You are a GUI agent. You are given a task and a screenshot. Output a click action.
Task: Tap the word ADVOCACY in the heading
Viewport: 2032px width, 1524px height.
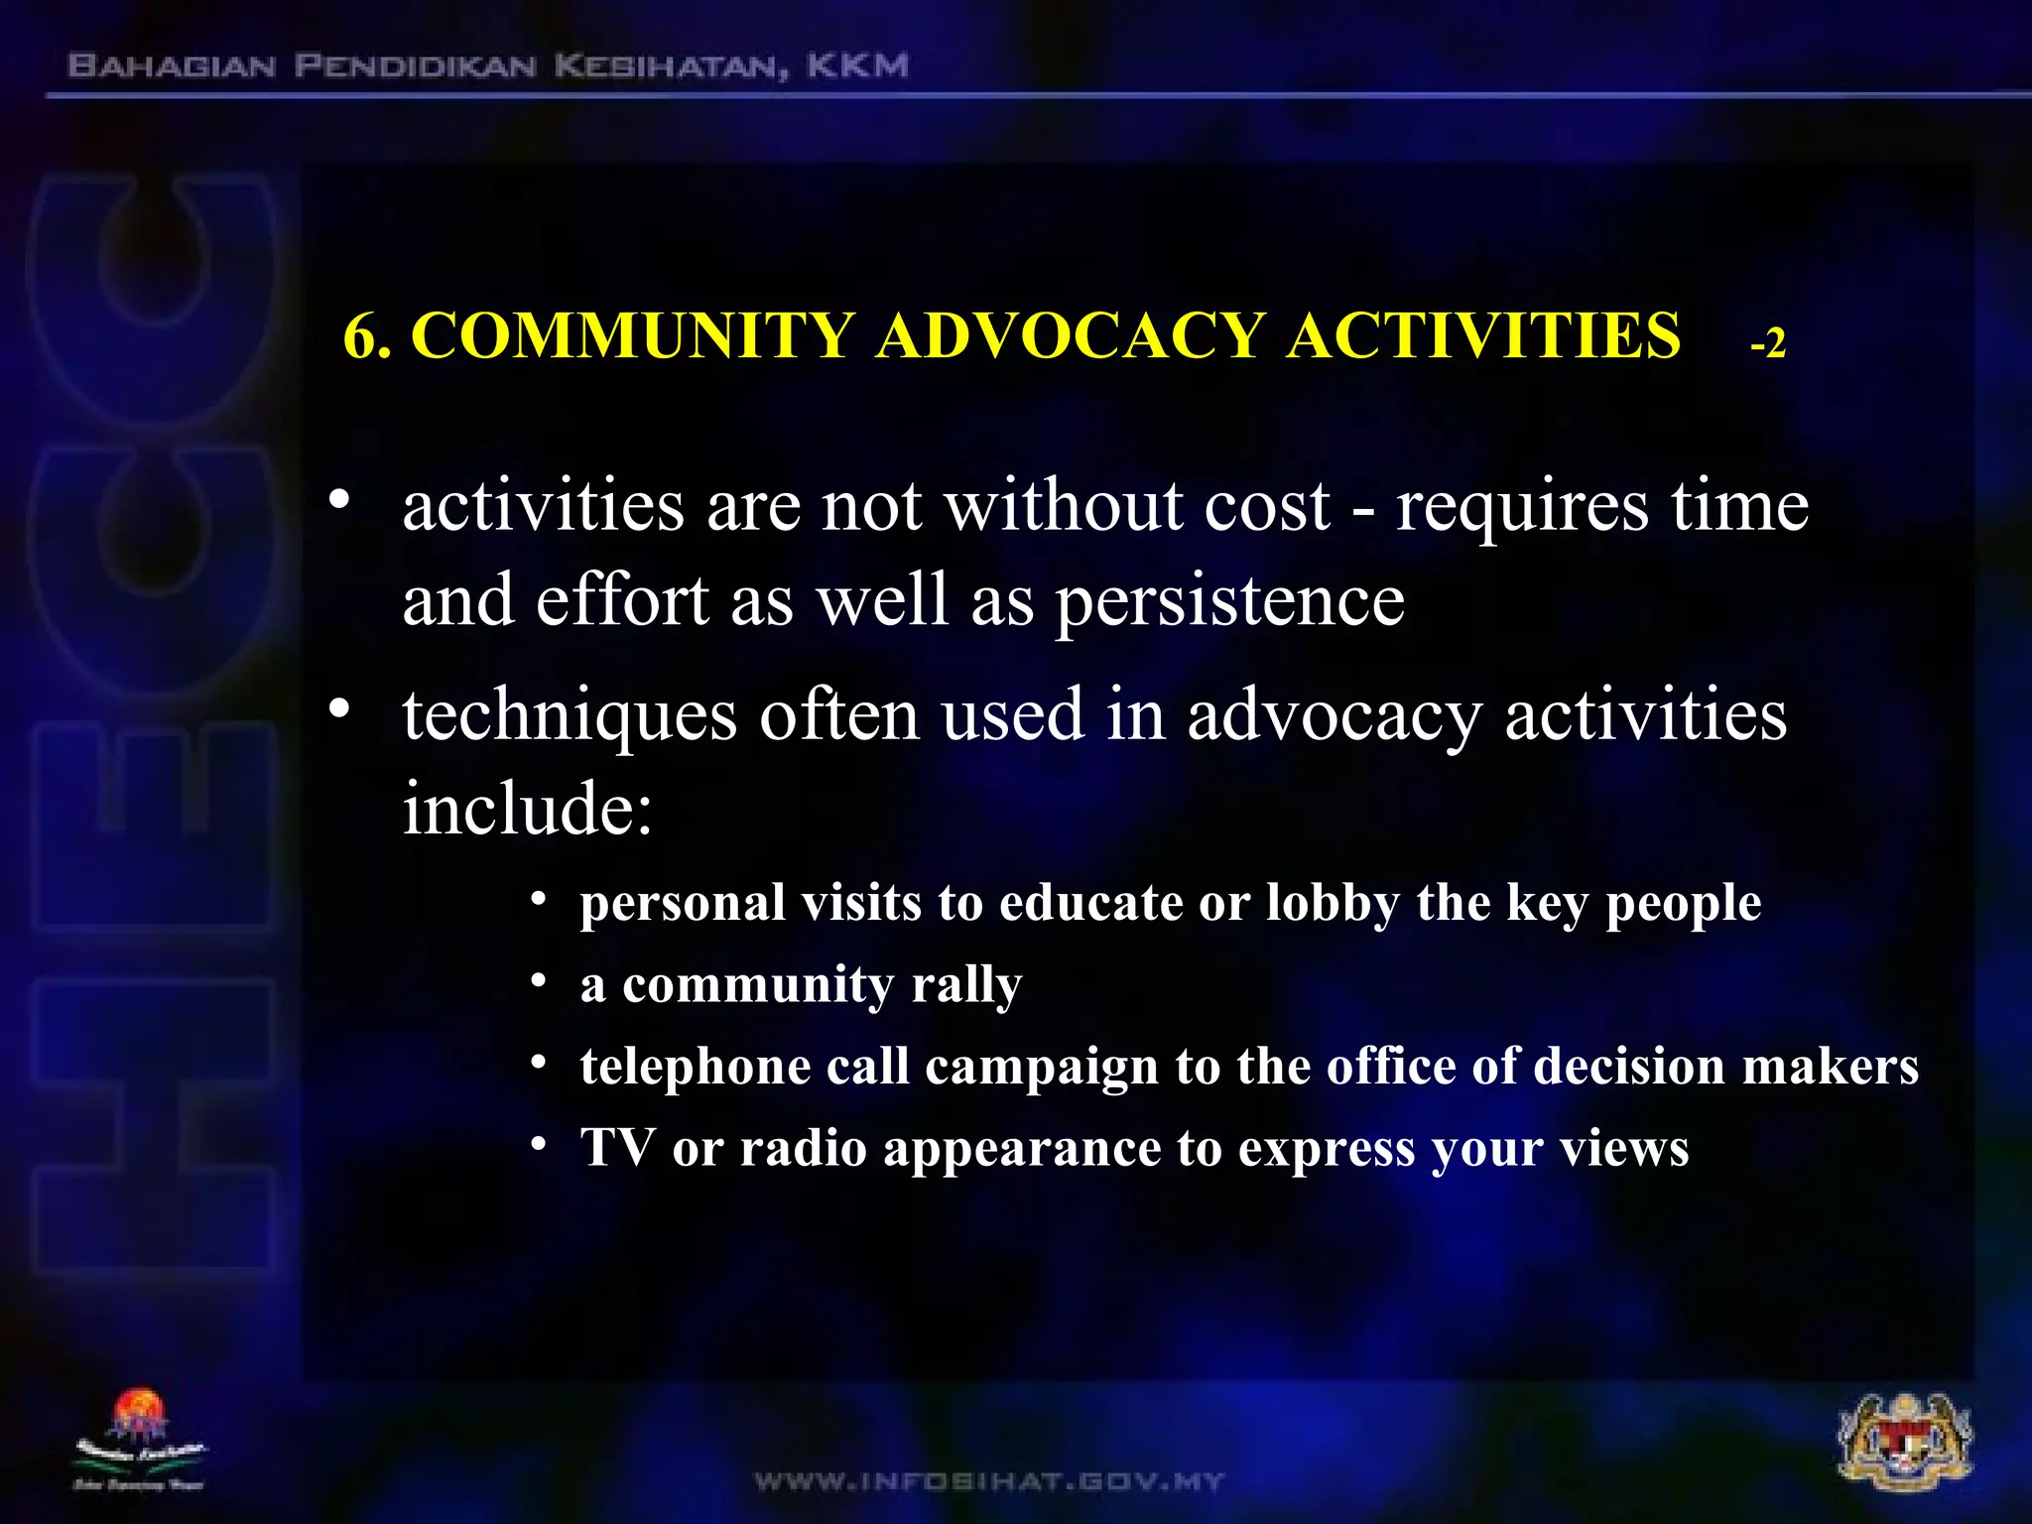coord(1071,335)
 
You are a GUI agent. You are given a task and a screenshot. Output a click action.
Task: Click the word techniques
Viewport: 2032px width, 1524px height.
coord(570,716)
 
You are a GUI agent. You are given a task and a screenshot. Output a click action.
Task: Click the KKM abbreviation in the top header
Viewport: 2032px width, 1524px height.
coord(857,66)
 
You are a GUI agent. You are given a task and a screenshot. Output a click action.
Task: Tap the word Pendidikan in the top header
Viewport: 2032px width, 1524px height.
coord(415,66)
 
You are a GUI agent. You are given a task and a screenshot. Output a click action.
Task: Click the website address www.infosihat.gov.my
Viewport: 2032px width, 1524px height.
coord(989,1481)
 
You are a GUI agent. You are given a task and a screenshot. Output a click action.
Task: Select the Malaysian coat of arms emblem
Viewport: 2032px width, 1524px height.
coord(1905,1443)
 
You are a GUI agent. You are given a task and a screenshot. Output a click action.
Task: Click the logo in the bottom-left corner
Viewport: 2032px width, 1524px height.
coord(140,1440)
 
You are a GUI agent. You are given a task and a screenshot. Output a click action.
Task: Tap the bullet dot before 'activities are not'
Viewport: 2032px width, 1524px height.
coord(340,499)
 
